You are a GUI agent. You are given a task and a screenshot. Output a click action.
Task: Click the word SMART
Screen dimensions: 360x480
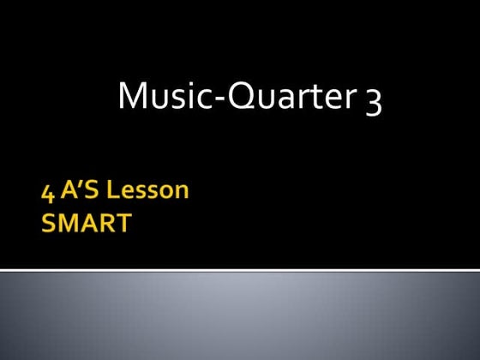(87, 224)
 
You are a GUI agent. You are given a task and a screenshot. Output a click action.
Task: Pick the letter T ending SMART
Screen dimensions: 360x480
(124, 224)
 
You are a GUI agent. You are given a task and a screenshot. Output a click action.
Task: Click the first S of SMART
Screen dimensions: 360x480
(49, 224)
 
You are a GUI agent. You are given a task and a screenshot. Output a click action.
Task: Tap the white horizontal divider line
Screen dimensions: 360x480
(240, 270)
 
